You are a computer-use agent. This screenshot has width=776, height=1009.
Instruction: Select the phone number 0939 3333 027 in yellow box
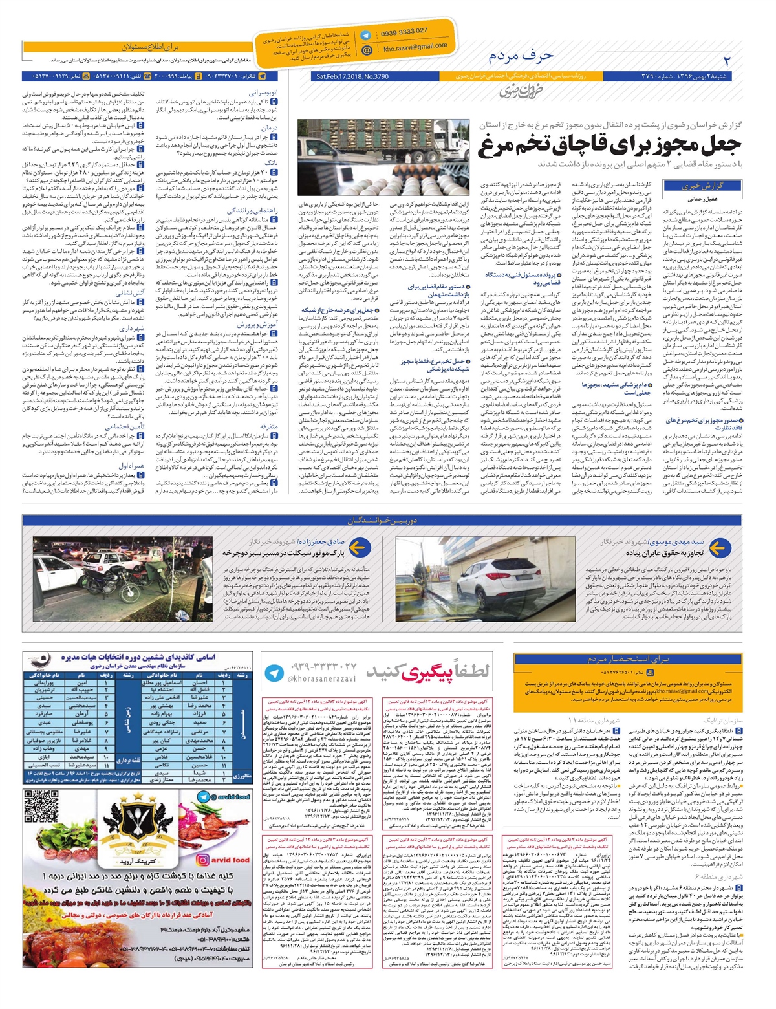pos(404,31)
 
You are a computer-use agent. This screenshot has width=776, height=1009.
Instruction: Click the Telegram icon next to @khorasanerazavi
pos(275,672)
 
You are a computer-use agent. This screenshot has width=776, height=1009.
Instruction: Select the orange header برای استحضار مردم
pos(628,659)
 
